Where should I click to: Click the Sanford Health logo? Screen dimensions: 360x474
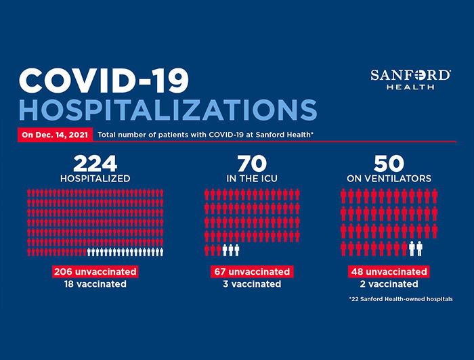[410, 79]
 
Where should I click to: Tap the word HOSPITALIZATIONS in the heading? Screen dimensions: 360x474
[169, 110]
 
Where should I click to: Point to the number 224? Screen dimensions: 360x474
[95, 163]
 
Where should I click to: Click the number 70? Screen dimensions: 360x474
[252, 163]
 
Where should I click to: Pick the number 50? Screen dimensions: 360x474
[389, 163]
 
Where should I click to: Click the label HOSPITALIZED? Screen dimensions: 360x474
[95, 179]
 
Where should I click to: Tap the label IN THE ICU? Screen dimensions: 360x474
[252, 179]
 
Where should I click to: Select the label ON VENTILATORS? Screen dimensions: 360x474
[389, 179]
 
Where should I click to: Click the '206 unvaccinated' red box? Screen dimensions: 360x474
[95, 271]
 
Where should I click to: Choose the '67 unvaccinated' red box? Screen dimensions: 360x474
[252, 271]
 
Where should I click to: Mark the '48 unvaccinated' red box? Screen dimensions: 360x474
[389, 271]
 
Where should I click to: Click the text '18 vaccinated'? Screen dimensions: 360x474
[95, 284]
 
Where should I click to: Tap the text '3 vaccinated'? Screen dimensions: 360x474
[252, 284]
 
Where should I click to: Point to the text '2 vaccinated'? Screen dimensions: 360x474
[389, 284]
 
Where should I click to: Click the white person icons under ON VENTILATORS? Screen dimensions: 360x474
[416, 248]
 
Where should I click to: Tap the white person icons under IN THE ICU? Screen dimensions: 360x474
[231, 250]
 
